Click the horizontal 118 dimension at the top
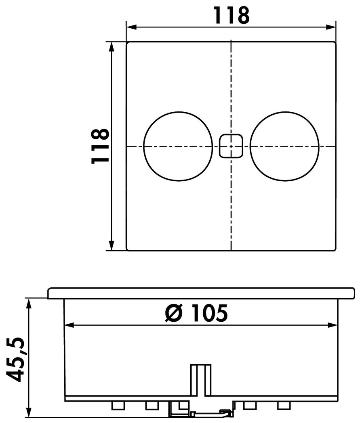coord(232,16)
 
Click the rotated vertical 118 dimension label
coord(100,146)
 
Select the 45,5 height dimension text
coord(16,359)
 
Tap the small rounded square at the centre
coord(231,146)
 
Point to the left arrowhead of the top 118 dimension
coord(131,27)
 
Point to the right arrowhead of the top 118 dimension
coord(331,27)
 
